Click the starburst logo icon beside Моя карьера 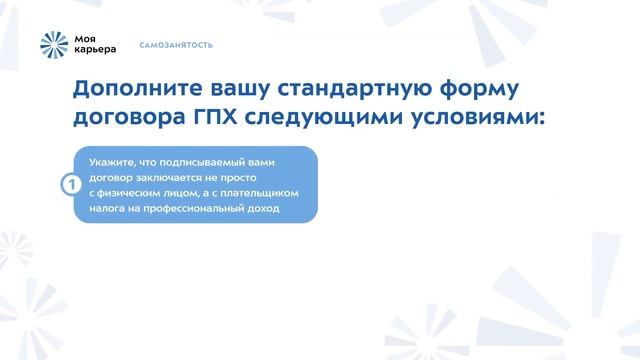coord(55,44)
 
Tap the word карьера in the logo coord(96,50)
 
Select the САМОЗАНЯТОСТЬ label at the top coord(176,45)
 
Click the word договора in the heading coord(130,118)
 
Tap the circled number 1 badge coord(70,185)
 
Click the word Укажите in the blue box coord(109,161)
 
